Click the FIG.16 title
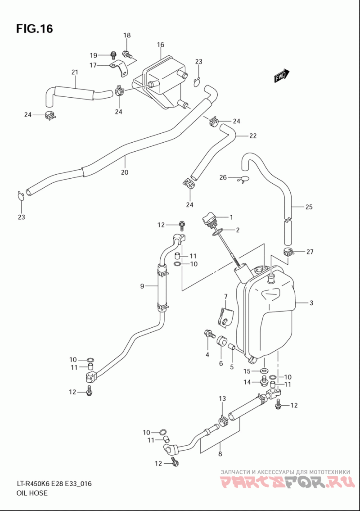34,29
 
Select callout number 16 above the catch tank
160,45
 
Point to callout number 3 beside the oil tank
311,303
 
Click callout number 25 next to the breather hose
309,207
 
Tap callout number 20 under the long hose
125,172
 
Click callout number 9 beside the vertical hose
142,286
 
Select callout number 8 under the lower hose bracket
220,454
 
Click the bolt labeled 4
209,334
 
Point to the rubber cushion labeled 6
222,341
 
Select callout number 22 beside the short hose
253,136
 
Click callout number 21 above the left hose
75,72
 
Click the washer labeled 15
265,371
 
